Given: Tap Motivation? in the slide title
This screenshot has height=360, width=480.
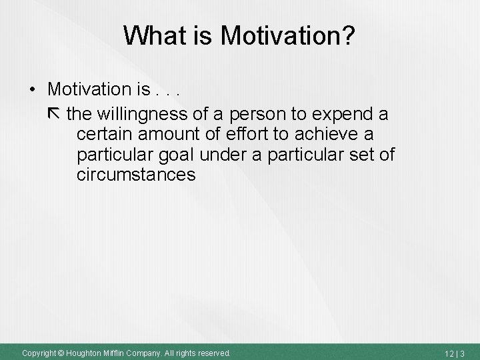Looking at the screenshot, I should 289,36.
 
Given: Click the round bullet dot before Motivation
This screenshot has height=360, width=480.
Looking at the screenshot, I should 33,89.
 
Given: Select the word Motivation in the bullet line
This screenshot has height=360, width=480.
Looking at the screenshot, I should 89,89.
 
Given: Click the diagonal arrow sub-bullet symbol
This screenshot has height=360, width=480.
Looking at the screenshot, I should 53,113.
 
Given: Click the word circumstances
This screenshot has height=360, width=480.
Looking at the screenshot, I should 136,175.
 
